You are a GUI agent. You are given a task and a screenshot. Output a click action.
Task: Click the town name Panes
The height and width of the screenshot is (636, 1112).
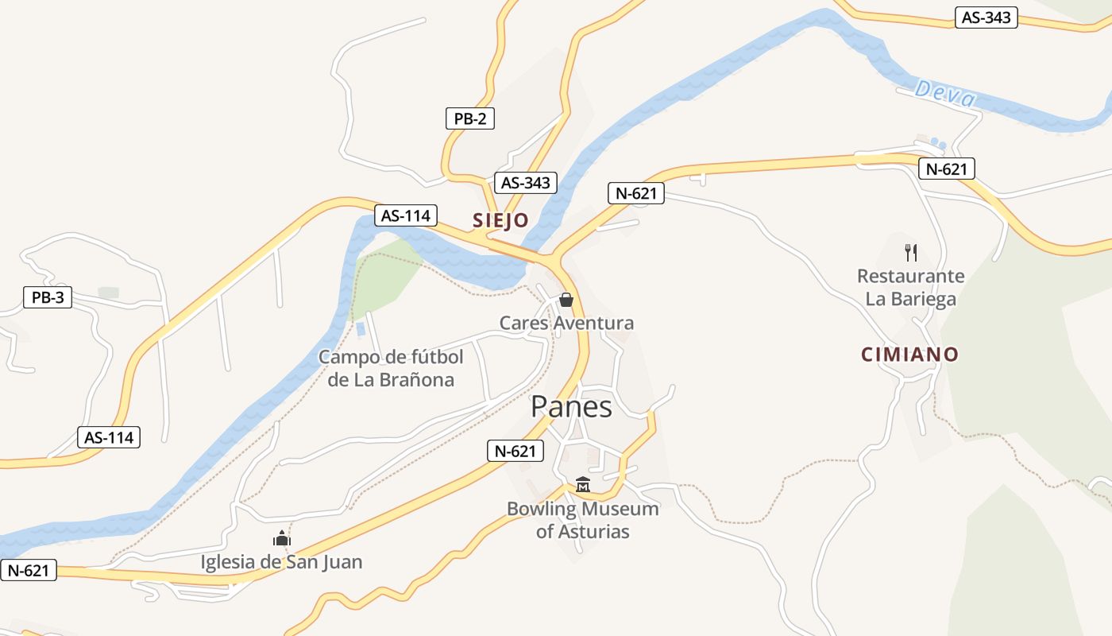pyautogui.click(x=571, y=407)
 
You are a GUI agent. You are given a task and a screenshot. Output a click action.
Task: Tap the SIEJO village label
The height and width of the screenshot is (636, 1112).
pyautogui.click(x=500, y=220)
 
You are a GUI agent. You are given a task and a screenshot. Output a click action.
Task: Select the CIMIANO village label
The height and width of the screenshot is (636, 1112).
pyautogui.click(x=909, y=355)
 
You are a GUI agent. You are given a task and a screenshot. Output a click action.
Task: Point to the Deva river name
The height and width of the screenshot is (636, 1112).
pyautogui.click(x=944, y=94)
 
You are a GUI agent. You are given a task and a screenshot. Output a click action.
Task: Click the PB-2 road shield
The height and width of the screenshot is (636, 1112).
pyautogui.click(x=469, y=119)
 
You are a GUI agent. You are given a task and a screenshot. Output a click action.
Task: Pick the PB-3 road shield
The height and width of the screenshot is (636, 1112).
pyautogui.click(x=48, y=298)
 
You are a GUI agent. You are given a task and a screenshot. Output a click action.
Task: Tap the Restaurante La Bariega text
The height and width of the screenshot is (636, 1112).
pyautogui.click(x=910, y=288)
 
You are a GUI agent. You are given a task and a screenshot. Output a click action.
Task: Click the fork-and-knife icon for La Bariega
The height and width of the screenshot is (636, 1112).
pyautogui.click(x=911, y=253)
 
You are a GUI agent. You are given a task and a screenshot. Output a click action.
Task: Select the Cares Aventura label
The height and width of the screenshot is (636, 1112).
pyautogui.click(x=566, y=323)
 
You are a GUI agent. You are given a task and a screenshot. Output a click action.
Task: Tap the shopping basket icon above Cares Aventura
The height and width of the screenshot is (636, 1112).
pyautogui.click(x=566, y=300)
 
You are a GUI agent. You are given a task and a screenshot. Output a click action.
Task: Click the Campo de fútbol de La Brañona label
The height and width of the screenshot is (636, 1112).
pyautogui.click(x=391, y=368)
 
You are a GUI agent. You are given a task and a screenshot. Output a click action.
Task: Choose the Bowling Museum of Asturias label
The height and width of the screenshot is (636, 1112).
pyautogui.click(x=583, y=520)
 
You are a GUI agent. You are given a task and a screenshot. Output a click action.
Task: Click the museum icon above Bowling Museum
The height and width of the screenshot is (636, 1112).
pyautogui.click(x=583, y=484)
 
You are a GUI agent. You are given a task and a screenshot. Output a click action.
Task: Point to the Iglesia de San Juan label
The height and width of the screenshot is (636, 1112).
pyautogui.click(x=281, y=562)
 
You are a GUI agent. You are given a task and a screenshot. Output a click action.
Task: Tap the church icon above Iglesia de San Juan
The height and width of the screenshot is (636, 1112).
pyautogui.click(x=282, y=539)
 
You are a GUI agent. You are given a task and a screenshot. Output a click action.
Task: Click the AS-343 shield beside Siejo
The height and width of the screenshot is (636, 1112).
pyautogui.click(x=524, y=183)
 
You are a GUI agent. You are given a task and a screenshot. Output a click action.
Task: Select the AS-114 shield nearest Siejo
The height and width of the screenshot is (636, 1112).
pyautogui.click(x=406, y=215)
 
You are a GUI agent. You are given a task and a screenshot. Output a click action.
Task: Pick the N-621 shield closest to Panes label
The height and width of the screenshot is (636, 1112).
pyautogui.click(x=515, y=451)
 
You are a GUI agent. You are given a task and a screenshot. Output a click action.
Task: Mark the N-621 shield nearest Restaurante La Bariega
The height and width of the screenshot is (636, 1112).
pyautogui.click(x=946, y=169)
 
